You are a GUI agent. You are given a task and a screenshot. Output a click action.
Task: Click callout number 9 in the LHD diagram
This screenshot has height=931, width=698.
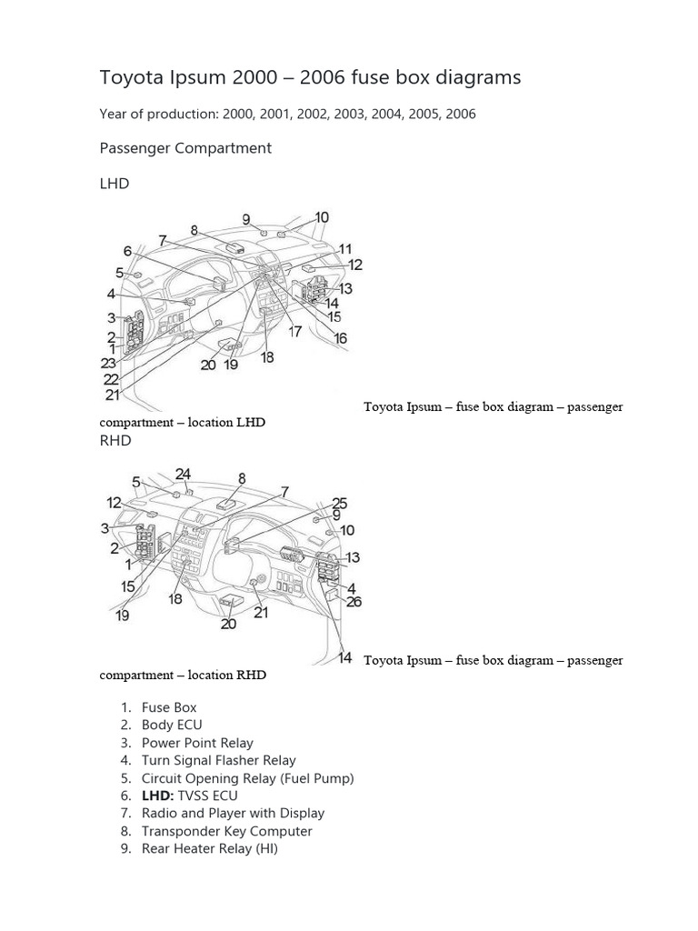[246, 219]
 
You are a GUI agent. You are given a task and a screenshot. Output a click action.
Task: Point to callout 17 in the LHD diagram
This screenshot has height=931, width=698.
[295, 332]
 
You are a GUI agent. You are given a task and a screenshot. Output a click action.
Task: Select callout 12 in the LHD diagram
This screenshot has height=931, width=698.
[354, 265]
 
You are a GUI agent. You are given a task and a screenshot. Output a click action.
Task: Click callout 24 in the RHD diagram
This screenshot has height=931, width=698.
[184, 474]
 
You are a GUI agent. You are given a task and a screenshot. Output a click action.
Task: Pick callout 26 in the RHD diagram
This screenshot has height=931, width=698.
[354, 601]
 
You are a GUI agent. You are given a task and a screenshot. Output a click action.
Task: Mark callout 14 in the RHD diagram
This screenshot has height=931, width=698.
[344, 657]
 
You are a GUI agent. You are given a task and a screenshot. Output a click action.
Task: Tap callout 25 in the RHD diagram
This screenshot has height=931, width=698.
[339, 503]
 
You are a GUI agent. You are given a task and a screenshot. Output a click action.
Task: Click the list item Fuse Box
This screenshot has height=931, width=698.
[169, 707]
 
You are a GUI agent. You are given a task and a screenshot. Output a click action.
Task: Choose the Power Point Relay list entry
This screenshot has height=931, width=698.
[197, 743]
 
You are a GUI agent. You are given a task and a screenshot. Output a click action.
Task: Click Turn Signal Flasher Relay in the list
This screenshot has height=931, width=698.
[218, 760]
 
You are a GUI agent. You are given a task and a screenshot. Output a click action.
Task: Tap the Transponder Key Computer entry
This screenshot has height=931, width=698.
[226, 831]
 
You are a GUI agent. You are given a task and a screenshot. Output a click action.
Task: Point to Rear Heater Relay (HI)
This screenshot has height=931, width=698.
[209, 849]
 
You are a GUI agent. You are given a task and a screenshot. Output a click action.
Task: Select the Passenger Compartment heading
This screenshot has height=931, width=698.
[185, 148]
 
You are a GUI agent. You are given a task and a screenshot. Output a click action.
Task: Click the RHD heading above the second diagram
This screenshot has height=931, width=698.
[115, 441]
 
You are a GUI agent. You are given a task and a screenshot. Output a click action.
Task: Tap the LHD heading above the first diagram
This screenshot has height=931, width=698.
[114, 184]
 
